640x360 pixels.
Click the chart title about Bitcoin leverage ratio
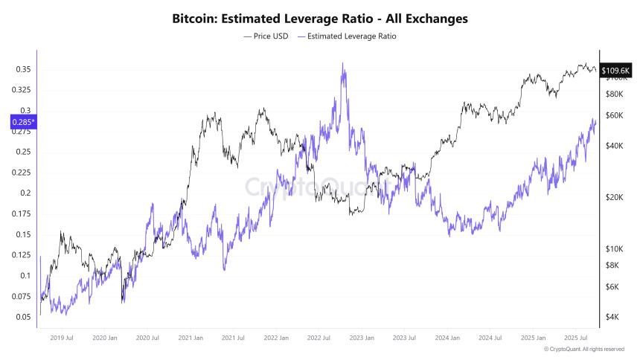coord(320,18)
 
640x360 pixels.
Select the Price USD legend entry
coord(266,36)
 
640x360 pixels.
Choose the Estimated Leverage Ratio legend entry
coord(347,36)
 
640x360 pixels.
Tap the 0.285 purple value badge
coord(22,122)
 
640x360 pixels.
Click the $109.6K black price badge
coord(615,70)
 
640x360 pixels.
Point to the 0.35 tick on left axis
coord(22,70)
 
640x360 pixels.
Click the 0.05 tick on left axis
coord(22,317)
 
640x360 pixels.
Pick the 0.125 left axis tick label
coord(21,255)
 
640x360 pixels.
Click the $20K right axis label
coord(615,198)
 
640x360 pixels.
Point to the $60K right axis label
coord(615,115)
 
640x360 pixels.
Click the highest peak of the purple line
coord(343,63)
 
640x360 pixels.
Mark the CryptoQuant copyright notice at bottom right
coord(584,349)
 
